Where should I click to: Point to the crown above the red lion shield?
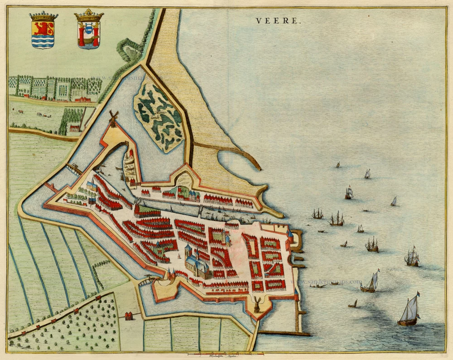[x=43, y=16]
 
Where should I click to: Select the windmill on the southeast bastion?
[x=257, y=304]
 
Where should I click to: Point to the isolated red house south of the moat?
[x=129, y=315]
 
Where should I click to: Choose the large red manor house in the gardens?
[x=82, y=98]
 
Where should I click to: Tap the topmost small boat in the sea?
[x=338, y=164]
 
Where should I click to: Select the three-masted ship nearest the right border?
[x=412, y=257]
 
